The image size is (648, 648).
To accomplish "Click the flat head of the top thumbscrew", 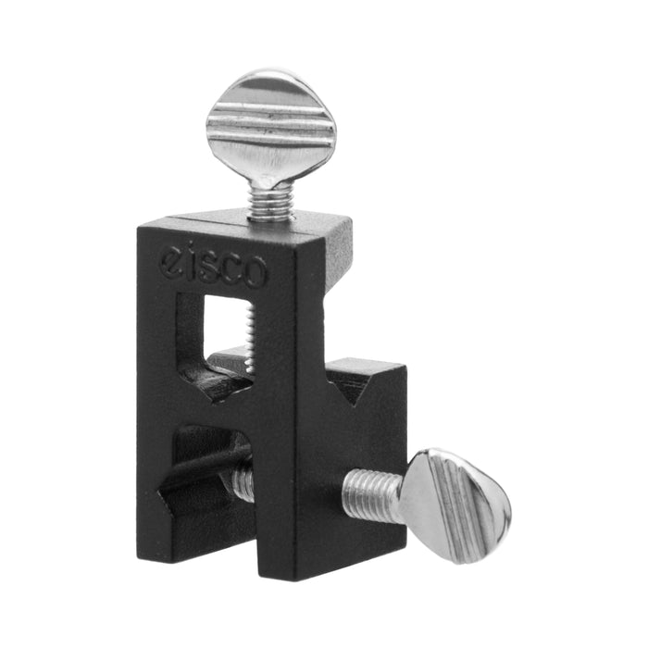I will [270, 130].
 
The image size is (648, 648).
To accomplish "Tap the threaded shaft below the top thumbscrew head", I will [270, 201].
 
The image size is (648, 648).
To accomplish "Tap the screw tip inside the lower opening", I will [242, 481].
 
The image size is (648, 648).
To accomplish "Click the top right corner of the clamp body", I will [353, 223].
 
